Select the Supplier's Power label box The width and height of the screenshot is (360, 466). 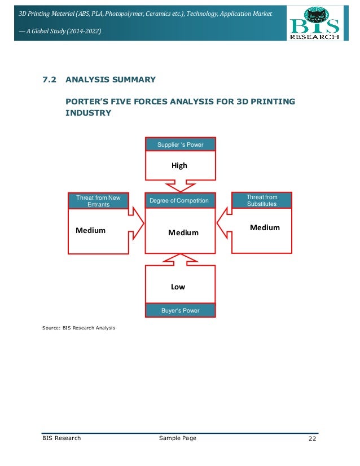coord(180,145)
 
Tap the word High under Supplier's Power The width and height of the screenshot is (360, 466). coord(179,165)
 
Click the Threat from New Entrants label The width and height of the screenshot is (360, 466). coord(98,201)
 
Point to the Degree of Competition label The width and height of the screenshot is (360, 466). coord(179,201)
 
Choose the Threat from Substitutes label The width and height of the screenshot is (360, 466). coord(262,200)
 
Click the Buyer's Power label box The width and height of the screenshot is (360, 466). coord(180,310)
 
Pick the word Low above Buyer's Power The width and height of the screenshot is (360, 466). coord(178,287)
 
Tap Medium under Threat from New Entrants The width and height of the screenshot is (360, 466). coord(90,230)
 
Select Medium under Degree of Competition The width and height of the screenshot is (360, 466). coord(183,232)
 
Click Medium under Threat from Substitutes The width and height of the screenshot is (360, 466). coord(265,227)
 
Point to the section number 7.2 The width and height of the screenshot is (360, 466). coord(49,80)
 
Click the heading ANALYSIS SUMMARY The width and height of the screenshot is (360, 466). coord(111,80)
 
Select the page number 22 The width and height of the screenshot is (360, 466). coord(313,438)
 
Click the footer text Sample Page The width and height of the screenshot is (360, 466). coord(178,438)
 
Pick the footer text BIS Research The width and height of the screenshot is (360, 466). coord(62,438)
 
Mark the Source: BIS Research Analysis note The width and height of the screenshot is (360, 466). coord(78,327)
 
